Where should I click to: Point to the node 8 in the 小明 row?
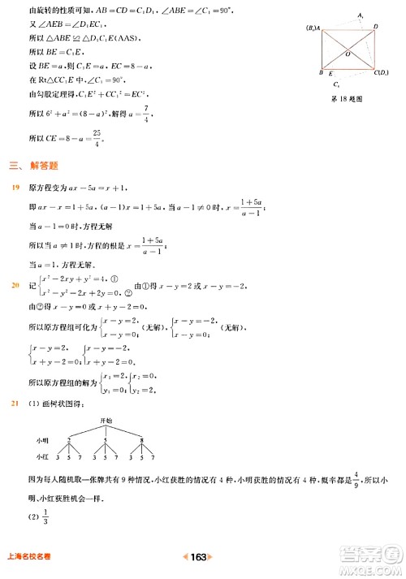pyautogui.click(x=145, y=439)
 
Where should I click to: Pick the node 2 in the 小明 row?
pyautogui.click(x=69, y=439)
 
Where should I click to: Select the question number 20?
pyautogui.click(x=15, y=285)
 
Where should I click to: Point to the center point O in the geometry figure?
pyautogui.click(x=348, y=54)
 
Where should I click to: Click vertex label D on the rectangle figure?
pyautogui.click(x=375, y=27)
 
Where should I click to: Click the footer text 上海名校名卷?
pyautogui.click(x=29, y=558)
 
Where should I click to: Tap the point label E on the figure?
pyautogui.click(x=330, y=74)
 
